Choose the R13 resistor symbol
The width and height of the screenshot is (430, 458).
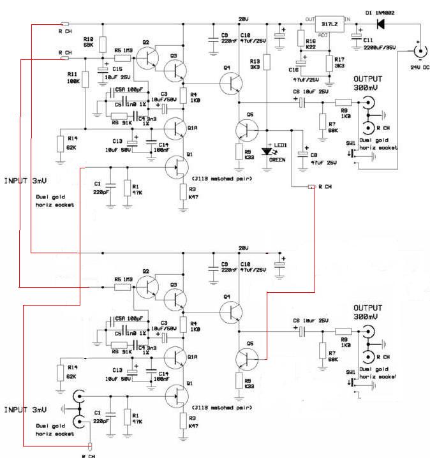[x=268, y=62]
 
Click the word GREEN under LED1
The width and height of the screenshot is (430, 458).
[x=277, y=161]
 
